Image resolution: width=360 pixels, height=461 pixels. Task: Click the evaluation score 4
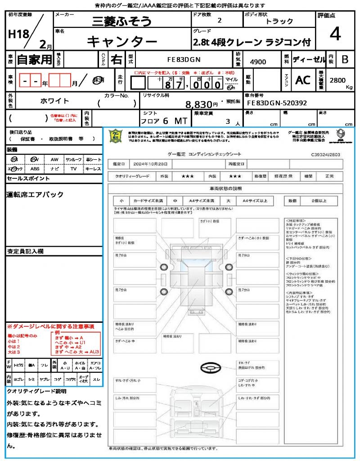coord(334,34)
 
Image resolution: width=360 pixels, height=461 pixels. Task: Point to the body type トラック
coord(279,21)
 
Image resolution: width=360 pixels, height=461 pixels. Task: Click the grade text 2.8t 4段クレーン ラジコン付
coord(252,42)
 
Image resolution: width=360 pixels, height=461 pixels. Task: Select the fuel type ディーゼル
coord(309,59)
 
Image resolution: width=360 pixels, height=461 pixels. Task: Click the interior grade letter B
coord(345,59)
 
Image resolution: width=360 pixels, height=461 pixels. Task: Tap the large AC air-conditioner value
coord(303,80)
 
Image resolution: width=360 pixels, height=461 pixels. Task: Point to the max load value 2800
coord(337,80)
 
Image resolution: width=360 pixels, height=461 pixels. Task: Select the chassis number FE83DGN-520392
coord(277,103)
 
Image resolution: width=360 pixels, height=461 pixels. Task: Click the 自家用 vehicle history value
coord(35,59)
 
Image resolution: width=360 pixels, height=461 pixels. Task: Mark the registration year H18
coord(18,34)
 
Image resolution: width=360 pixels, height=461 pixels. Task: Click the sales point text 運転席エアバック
coord(35,194)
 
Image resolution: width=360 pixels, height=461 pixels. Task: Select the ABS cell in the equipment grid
coord(35,169)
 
